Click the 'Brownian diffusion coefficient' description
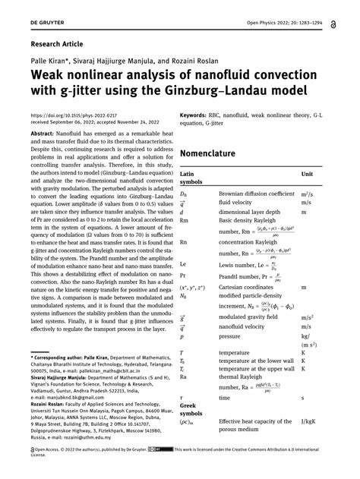[256, 194]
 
